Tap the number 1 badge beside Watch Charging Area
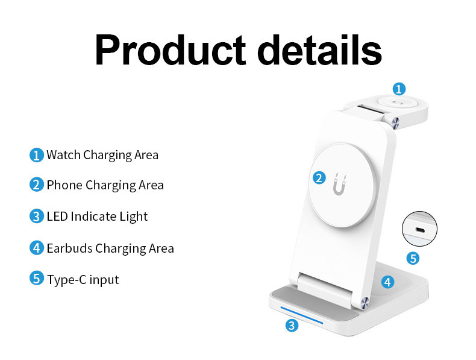pyautogui.click(x=37, y=155)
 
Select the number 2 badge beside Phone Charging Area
pyautogui.click(x=37, y=185)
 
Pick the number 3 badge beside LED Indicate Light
pyautogui.click(x=37, y=216)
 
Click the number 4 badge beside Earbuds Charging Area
pyautogui.click(x=37, y=248)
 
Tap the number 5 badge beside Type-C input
pyautogui.click(x=37, y=279)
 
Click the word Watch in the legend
pyautogui.click(x=64, y=155)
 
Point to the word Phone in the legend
pyautogui.click(x=64, y=185)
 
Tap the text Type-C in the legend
pyautogui.click(x=66, y=280)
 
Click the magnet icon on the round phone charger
pyautogui.click(x=339, y=186)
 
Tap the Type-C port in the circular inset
pyautogui.click(x=420, y=229)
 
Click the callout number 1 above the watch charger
pyautogui.click(x=399, y=89)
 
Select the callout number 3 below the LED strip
pyautogui.click(x=292, y=326)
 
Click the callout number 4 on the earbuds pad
pyautogui.click(x=388, y=282)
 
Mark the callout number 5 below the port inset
pyautogui.click(x=413, y=258)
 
